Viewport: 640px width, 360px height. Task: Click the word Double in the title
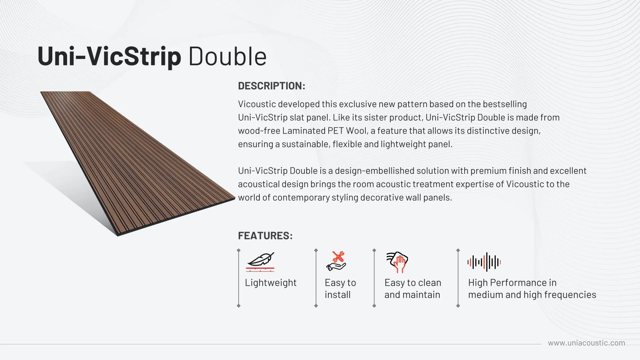click(228, 56)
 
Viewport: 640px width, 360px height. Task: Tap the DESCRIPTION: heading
click(272, 86)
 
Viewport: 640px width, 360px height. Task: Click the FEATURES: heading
click(265, 236)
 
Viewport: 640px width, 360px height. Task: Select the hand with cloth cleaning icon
click(397, 262)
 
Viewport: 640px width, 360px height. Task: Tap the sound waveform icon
click(484, 262)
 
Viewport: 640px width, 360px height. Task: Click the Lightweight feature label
click(271, 283)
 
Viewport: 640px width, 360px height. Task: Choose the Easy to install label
click(340, 289)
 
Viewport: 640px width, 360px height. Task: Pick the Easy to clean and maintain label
click(413, 289)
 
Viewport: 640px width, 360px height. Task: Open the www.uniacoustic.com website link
click(587, 343)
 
